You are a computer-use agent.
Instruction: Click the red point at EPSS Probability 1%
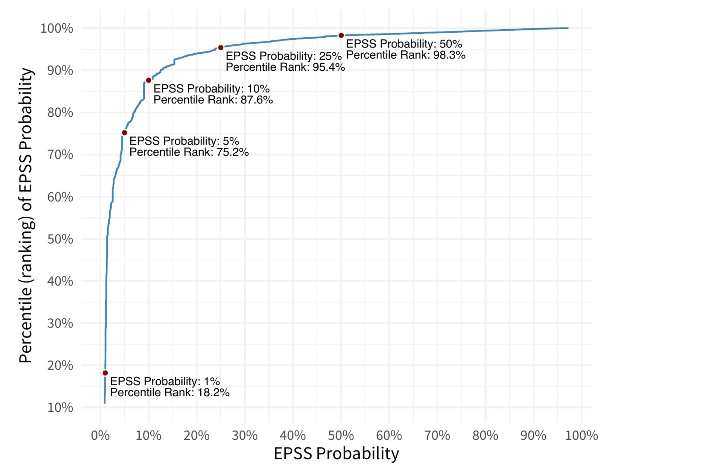click(105, 373)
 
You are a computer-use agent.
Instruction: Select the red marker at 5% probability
click(124, 133)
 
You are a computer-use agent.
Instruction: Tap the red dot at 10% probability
click(148, 80)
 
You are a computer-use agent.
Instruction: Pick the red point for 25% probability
click(221, 48)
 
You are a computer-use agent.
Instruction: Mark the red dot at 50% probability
click(341, 36)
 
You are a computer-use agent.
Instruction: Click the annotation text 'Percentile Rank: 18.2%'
click(170, 393)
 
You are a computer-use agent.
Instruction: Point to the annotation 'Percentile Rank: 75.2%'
click(189, 152)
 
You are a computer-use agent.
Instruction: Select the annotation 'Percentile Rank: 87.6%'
click(213, 100)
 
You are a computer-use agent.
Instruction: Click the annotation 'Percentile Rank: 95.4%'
click(285, 67)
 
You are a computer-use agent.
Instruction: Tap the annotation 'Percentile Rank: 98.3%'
click(405, 55)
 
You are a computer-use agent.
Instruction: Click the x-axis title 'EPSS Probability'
click(336, 453)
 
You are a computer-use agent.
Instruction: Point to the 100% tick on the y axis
click(57, 28)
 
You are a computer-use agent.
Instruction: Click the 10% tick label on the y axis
click(60, 407)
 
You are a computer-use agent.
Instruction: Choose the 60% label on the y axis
click(60, 197)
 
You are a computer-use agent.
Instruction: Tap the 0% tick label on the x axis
click(100, 435)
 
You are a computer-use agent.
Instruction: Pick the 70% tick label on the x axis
click(437, 435)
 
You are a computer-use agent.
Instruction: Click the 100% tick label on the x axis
click(581, 435)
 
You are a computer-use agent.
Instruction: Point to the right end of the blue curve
click(568, 28)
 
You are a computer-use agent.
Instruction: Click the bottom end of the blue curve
click(105, 403)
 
